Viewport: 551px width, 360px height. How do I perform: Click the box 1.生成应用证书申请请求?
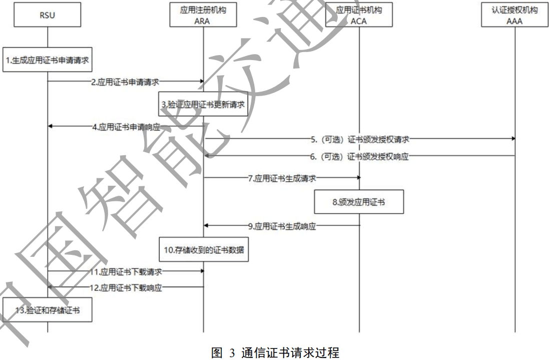(48, 61)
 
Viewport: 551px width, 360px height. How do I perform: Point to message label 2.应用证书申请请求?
(125, 81)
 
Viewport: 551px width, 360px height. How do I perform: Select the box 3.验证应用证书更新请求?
(204, 104)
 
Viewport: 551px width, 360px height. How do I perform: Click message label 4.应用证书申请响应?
(126, 127)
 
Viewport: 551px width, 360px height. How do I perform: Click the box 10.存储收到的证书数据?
(204, 249)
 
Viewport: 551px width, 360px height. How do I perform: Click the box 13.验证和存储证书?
(47, 310)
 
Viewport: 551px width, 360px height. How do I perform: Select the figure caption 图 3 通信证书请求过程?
(275, 353)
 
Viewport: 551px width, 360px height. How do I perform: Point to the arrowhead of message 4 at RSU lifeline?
(51, 127)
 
